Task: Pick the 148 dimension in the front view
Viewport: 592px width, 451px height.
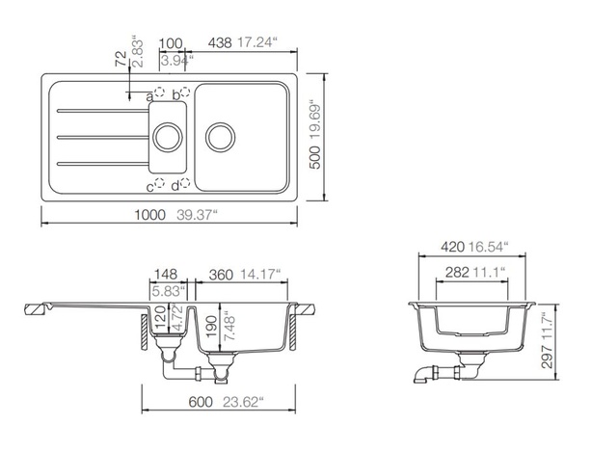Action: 165,273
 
